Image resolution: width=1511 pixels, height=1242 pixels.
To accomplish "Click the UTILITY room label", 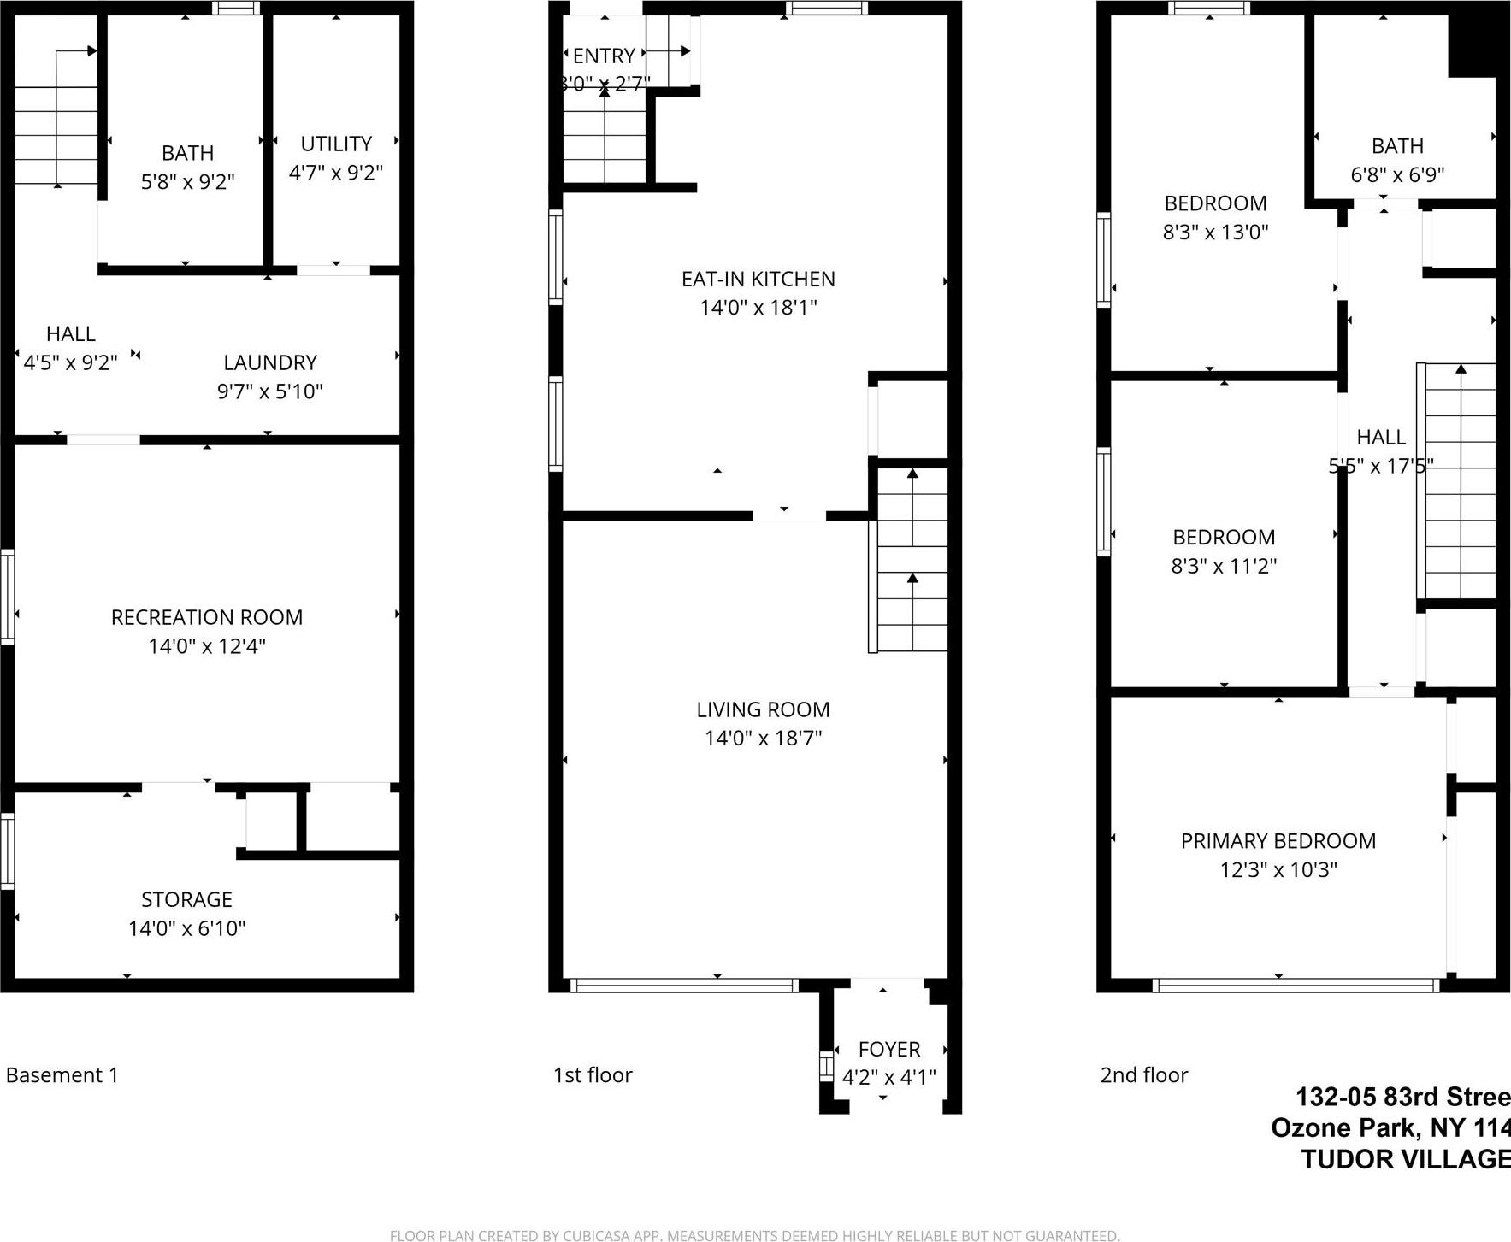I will tap(336, 144).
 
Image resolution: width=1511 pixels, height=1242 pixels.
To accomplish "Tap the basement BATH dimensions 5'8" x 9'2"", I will tap(187, 182).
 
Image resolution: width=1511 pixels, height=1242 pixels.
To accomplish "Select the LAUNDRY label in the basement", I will tap(270, 362).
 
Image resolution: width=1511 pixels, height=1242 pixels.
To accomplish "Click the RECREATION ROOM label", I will tap(207, 617).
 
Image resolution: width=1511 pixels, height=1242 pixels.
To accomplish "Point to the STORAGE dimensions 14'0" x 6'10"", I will tap(187, 928).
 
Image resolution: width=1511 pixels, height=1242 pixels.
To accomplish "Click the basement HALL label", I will tap(71, 333).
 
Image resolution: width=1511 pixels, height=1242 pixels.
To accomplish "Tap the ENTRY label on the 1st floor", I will tap(604, 56).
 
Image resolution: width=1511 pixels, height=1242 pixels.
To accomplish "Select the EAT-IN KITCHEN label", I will tap(758, 279).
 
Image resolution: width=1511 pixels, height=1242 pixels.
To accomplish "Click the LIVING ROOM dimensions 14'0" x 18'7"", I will tap(763, 739).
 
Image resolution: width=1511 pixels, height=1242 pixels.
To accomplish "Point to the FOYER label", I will tap(889, 1049).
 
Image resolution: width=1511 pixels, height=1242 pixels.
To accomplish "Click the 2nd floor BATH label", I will tap(1397, 146).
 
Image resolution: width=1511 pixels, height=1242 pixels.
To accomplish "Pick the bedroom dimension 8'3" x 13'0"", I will tap(1215, 233).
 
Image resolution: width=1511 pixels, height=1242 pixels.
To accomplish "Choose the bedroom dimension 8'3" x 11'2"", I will tap(1224, 566).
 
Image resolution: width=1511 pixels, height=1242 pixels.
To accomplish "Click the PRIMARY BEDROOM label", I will tap(1278, 841).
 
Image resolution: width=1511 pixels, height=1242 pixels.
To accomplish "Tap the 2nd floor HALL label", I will tap(1381, 437).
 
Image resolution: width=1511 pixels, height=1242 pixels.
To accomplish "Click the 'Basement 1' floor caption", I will tap(62, 1075).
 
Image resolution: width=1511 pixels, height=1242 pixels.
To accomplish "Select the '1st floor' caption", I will tap(593, 1075).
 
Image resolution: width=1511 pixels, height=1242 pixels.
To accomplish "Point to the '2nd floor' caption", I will tap(1144, 1075).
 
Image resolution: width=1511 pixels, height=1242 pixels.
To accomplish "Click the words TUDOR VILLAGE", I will tap(1405, 1159).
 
